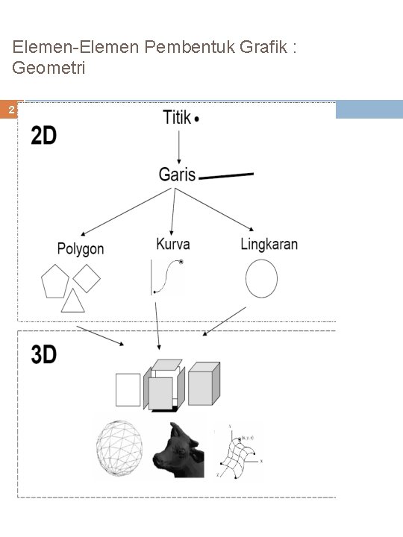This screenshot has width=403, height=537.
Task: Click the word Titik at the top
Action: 175,118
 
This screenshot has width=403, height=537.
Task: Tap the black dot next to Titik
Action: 196,119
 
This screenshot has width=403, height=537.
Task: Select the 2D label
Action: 44,136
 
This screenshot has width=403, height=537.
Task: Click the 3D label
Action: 44,355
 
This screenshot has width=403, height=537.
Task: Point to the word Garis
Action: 177,175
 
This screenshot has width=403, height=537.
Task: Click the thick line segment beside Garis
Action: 227,176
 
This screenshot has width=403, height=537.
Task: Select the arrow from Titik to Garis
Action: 178,146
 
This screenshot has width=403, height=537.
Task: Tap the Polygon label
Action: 81,249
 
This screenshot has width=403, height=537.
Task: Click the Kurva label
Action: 173,244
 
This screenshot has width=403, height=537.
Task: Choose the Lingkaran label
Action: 269,244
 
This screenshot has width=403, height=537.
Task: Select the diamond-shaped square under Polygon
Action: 87,278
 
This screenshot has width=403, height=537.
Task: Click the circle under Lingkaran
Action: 261,280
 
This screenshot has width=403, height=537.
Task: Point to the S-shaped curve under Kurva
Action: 167,277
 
